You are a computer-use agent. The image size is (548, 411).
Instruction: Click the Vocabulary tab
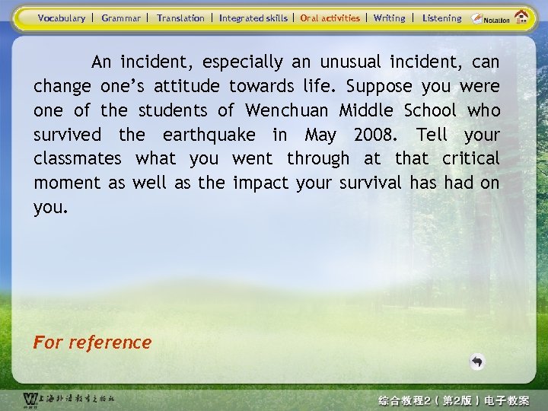pyautogui.click(x=62, y=18)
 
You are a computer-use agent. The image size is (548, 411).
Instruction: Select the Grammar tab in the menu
pyautogui.click(x=121, y=18)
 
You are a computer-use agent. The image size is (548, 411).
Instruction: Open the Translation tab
pyautogui.click(x=180, y=18)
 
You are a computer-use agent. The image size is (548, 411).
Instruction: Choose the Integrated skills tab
pyautogui.click(x=253, y=18)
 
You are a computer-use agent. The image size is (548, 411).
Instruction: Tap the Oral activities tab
pyautogui.click(x=330, y=18)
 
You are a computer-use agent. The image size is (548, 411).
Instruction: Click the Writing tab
pyautogui.click(x=389, y=18)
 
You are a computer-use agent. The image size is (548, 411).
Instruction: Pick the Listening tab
pyautogui.click(x=441, y=18)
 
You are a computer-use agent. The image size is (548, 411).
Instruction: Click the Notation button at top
pyautogui.click(x=491, y=18)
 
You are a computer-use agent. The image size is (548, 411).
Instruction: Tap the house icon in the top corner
pyautogui.click(x=521, y=17)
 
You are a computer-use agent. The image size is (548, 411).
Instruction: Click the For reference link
pyautogui.click(x=92, y=342)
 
